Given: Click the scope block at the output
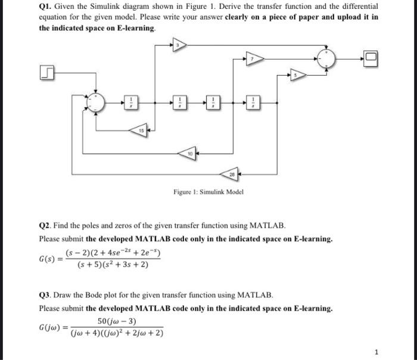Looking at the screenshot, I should pyautogui.click(x=371, y=58).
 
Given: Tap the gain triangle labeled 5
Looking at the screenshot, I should pyautogui.click(x=298, y=75).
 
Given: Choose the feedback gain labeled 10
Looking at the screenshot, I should pyautogui.click(x=190, y=154).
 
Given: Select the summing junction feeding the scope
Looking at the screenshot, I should pyautogui.click(x=327, y=58).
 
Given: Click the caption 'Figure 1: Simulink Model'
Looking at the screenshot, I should pyautogui.click(x=208, y=192).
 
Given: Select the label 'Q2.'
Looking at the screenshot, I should pyautogui.click(x=46, y=226).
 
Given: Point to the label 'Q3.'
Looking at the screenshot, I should pyautogui.click(x=46, y=296).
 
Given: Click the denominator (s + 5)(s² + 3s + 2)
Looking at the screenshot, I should pyautogui.click(x=113, y=265).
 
